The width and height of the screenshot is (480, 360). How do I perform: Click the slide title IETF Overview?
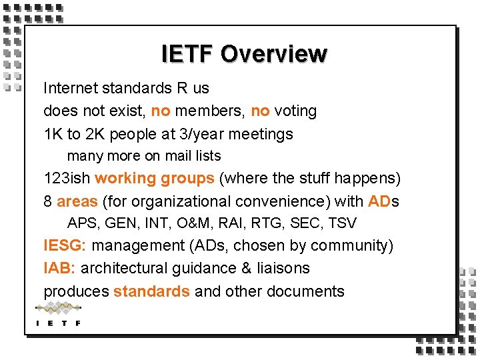[244, 54]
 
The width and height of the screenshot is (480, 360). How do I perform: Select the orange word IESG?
[65, 245]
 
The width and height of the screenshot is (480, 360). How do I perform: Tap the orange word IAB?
[60, 268]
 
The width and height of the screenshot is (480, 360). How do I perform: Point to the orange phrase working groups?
[154, 179]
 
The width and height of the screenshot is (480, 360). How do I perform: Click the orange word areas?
[77, 201]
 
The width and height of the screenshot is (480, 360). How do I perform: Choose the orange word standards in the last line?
[151, 291]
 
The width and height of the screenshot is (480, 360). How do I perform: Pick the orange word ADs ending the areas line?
[383, 201]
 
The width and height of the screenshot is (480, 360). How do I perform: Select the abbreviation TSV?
[342, 223]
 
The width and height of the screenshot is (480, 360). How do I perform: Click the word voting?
[295, 111]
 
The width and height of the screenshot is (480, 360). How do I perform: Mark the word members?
[213, 111]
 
